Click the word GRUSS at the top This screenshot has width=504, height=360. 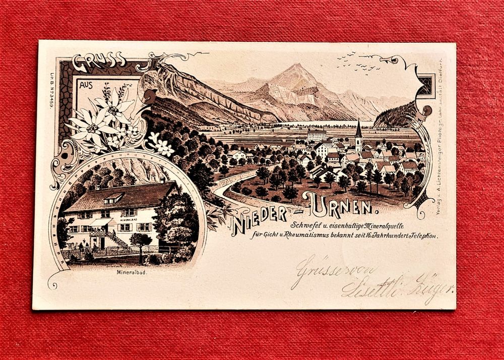pos(99,62)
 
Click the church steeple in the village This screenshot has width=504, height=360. pos(358,132)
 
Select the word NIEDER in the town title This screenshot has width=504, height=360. pos(261,214)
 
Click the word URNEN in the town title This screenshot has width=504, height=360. pos(338,204)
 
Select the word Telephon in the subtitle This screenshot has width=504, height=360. pos(420,235)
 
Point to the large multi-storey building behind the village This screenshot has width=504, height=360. pos(317,135)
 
